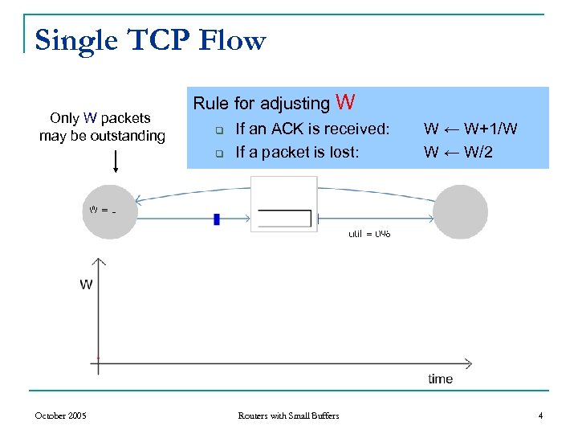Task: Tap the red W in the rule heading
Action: pos(346,102)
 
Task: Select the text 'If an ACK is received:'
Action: pos(311,129)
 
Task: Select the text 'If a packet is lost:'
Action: pos(297,152)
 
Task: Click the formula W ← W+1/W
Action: pos(470,129)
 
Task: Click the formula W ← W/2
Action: pos(458,152)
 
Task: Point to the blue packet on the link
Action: pos(217,219)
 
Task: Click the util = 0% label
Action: pos(369,234)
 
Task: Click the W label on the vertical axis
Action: pos(86,284)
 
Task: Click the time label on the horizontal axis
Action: pos(440,379)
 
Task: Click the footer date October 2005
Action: pos(60,416)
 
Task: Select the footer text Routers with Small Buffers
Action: pos(288,416)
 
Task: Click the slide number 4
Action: pos(540,416)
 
